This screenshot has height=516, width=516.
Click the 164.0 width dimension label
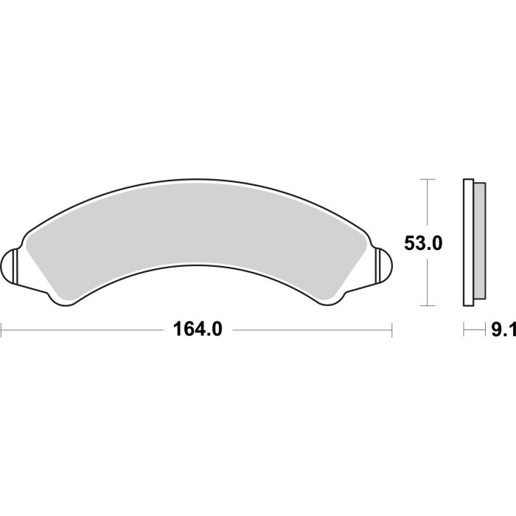click(x=197, y=330)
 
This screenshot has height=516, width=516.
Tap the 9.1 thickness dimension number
click(x=503, y=330)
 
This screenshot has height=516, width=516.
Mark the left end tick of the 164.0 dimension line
click(x=1, y=330)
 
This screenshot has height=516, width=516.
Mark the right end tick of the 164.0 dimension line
click(x=391, y=330)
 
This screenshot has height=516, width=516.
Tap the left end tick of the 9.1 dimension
click(x=464, y=330)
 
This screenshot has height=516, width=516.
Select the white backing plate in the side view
click(x=467, y=243)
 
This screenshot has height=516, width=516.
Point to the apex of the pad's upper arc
click(x=197, y=179)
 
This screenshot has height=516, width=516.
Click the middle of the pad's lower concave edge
click(x=197, y=264)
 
